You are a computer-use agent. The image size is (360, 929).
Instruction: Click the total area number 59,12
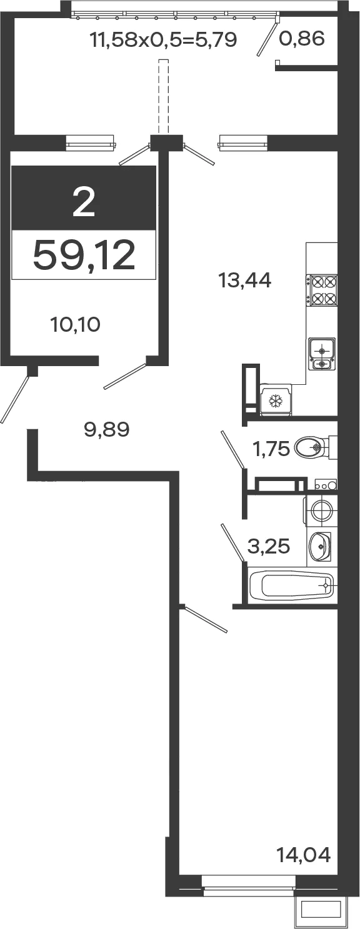(x=84, y=255)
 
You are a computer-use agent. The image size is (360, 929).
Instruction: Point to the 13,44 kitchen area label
(x=245, y=281)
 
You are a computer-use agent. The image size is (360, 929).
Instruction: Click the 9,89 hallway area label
(x=107, y=429)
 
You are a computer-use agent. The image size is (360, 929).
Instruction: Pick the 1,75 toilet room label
(x=271, y=449)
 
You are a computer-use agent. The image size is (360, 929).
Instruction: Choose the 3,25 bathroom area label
(x=268, y=547)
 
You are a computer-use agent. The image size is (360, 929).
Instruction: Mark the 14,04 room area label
(x=304, y=855)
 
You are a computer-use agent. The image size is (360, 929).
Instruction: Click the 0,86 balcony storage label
(x=301, y=39)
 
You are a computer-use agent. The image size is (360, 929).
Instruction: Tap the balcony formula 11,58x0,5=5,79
(x=164, y=39)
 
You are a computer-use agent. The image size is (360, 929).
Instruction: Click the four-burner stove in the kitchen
(x=321, y=291)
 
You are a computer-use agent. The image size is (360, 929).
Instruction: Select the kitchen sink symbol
(x=321, y=352)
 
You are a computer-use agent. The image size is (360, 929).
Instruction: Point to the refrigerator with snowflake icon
(x=276, y=400)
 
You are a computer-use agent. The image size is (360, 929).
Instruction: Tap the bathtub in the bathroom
(x=292, y=586)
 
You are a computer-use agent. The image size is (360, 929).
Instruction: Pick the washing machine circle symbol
(x=322, y=510)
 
